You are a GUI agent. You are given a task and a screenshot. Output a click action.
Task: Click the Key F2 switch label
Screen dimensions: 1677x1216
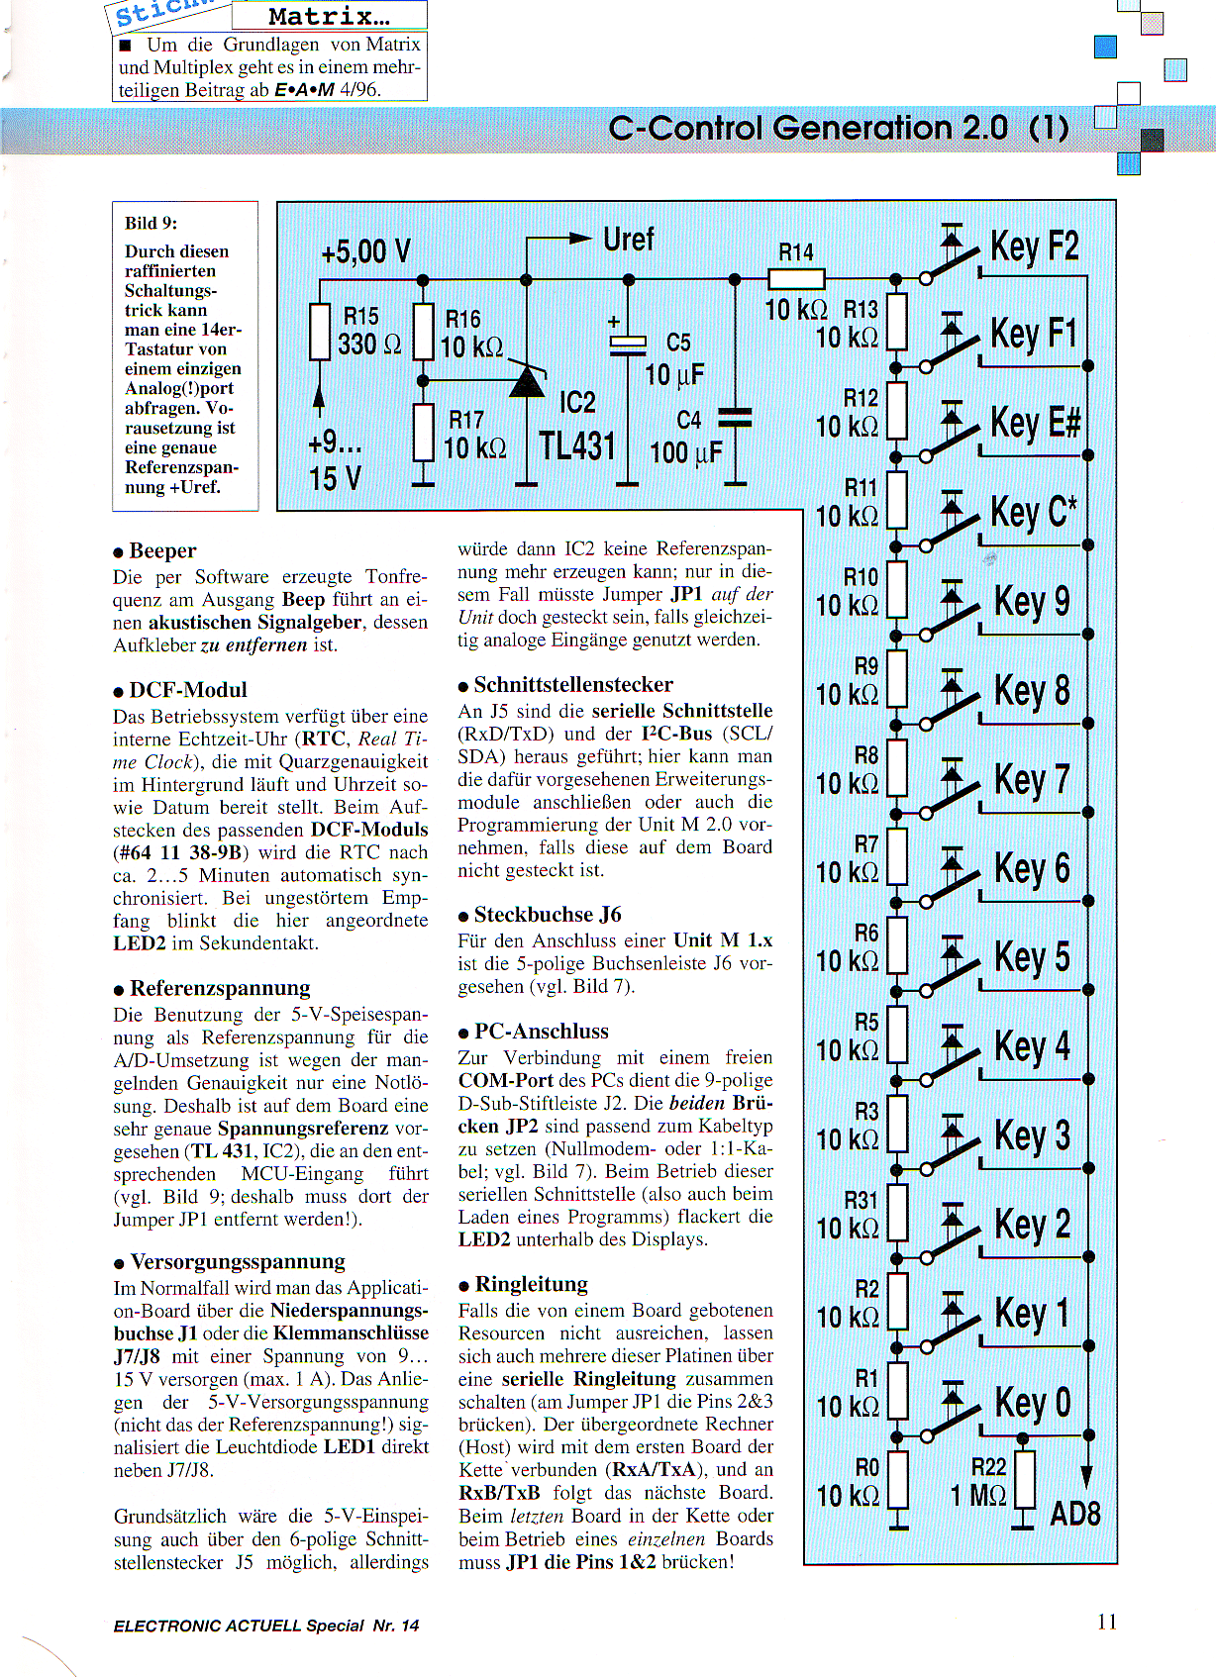pos(1034,247)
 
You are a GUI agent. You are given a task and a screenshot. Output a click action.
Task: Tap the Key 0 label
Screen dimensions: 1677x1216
pos(1033,1403)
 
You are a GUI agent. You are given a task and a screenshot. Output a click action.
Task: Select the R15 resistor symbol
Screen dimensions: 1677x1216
pos(319,332)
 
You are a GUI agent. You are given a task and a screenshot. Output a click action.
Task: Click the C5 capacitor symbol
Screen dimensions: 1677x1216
pos(627,344)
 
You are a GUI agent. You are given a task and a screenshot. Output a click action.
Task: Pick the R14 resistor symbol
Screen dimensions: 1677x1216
pos(796,279)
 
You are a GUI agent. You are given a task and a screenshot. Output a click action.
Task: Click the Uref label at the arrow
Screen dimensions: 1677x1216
pos(629,240)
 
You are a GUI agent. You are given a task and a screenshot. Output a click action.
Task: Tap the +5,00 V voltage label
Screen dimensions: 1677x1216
pos(365,251)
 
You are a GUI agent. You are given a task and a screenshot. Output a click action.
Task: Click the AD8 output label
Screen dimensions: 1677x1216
pos(1074,1514)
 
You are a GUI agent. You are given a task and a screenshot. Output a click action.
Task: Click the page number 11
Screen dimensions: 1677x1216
pos(1106,1622)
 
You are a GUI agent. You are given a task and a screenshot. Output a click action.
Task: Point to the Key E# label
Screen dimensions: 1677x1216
pos(1035,423)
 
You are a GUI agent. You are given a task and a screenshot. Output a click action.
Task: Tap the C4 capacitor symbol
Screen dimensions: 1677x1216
pos(735,417)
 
